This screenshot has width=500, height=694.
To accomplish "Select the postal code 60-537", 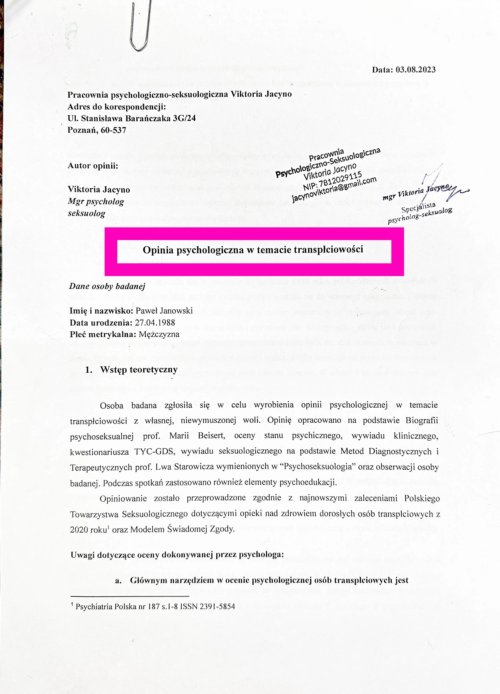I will coord(113,130).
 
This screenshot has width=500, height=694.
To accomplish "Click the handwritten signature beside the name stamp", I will coord(441,184).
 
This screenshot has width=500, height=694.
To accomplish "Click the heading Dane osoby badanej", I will coord(107,286).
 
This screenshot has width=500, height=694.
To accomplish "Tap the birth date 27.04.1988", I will coord(155,323).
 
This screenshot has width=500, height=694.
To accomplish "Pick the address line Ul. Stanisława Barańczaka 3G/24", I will coord(132,118).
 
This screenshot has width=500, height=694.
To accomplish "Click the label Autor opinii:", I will coord(93,166).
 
